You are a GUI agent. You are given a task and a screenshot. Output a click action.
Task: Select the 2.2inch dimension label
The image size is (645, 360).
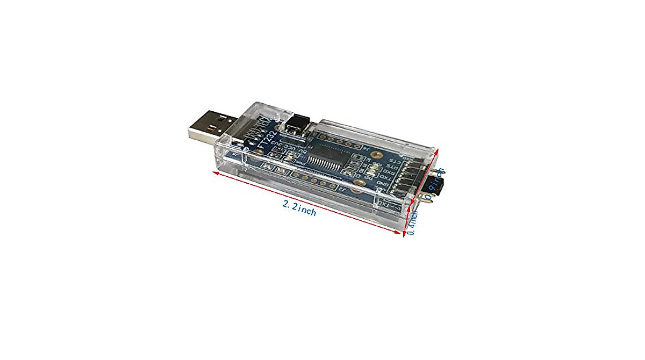click(299, 207)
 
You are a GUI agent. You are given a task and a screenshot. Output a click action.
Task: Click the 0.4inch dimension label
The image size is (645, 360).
click(412, 223)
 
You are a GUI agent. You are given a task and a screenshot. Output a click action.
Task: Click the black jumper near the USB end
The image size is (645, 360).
click(295, 126)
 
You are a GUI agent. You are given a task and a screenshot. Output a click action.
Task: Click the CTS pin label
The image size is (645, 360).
click(395, 160)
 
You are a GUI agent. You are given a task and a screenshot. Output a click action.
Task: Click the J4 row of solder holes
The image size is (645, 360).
click(344, 142)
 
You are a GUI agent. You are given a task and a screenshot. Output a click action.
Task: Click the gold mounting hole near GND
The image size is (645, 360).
click(357, 189)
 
